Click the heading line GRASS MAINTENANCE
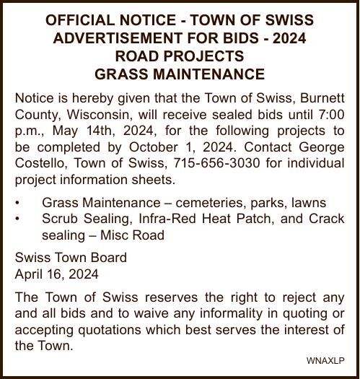(180, 74)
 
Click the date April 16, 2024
(57, 274)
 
